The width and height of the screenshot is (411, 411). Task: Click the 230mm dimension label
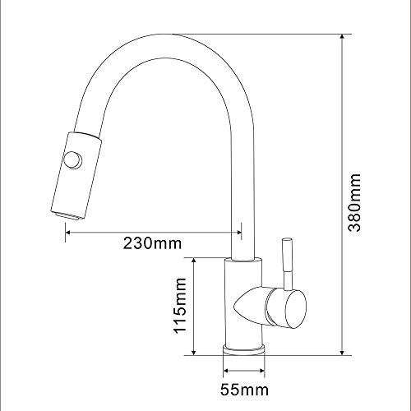tap(152, 243)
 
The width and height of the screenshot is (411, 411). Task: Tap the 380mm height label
tap(354, 202)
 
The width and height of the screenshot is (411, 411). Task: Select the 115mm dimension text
tap(180, 306)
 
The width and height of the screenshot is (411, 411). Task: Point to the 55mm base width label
tap(244, 390)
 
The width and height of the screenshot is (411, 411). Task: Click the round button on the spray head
tap(72, 160)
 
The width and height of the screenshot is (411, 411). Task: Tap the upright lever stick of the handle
tap(288, 264)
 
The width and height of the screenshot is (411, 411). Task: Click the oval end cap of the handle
tap(295, 309)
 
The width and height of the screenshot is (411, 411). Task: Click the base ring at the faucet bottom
tap(244, 349)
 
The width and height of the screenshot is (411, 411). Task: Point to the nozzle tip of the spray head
tap(67, 215)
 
